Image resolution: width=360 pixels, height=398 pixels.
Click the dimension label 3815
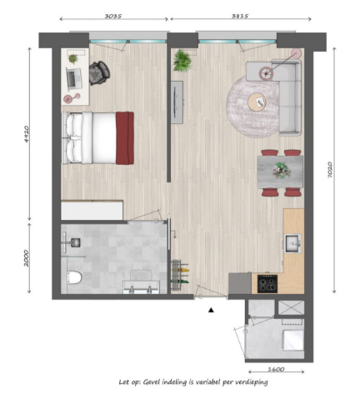[x=242, y=14]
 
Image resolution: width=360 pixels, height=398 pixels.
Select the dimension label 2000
[x=27, y=257]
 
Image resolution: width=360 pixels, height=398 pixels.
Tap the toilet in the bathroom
[x=72, y=278]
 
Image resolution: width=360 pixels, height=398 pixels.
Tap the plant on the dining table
[x=281, y=168]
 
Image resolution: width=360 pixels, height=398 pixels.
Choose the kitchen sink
[x=292, y=243]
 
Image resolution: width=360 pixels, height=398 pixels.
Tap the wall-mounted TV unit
[x=177, y=103]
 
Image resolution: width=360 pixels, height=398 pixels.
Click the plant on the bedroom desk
[x=72, y=59]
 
